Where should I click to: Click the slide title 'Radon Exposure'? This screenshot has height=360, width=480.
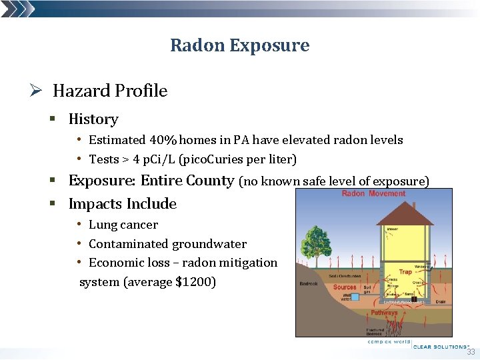[x=239, y=45]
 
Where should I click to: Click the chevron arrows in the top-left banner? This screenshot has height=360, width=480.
[x=17, y=8]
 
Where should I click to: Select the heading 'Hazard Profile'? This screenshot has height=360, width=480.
[x=110, y=91]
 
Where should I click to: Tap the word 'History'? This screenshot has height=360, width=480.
[x=93, y=119]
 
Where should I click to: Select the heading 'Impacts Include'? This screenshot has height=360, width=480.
[x=123, y=204]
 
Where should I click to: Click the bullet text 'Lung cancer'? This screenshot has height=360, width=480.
[x=123, y=225]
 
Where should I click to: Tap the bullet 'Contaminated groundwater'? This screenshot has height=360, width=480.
[x=167, y=244]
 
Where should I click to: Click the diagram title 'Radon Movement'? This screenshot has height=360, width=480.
[x=373, y=194]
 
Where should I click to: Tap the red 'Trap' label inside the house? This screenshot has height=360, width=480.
[x=405, y=272]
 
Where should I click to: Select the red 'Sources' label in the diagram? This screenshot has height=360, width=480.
[x=345, y=287]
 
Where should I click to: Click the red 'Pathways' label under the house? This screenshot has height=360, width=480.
[x=384, y=313]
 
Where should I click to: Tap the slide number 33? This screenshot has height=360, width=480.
[x=471, y=352]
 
